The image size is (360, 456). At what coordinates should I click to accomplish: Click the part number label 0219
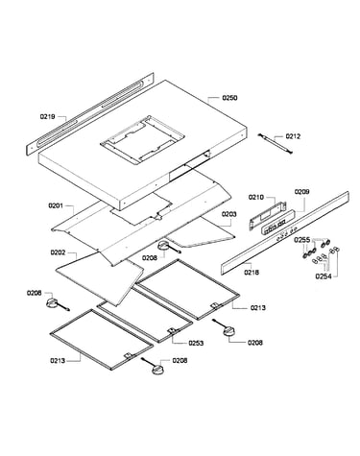47,116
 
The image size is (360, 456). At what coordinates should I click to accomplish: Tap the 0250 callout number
229,98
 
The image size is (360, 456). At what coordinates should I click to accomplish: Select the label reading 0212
293,136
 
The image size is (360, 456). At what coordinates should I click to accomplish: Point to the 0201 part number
56,205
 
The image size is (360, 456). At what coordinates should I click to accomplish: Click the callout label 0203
229,214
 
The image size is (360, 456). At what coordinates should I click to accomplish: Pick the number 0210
256,197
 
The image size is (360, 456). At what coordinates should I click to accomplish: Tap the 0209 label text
301,192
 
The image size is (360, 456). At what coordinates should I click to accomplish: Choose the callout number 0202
58,252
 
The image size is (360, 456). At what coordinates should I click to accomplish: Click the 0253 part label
196,343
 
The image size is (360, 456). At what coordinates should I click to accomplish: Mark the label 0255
302,240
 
